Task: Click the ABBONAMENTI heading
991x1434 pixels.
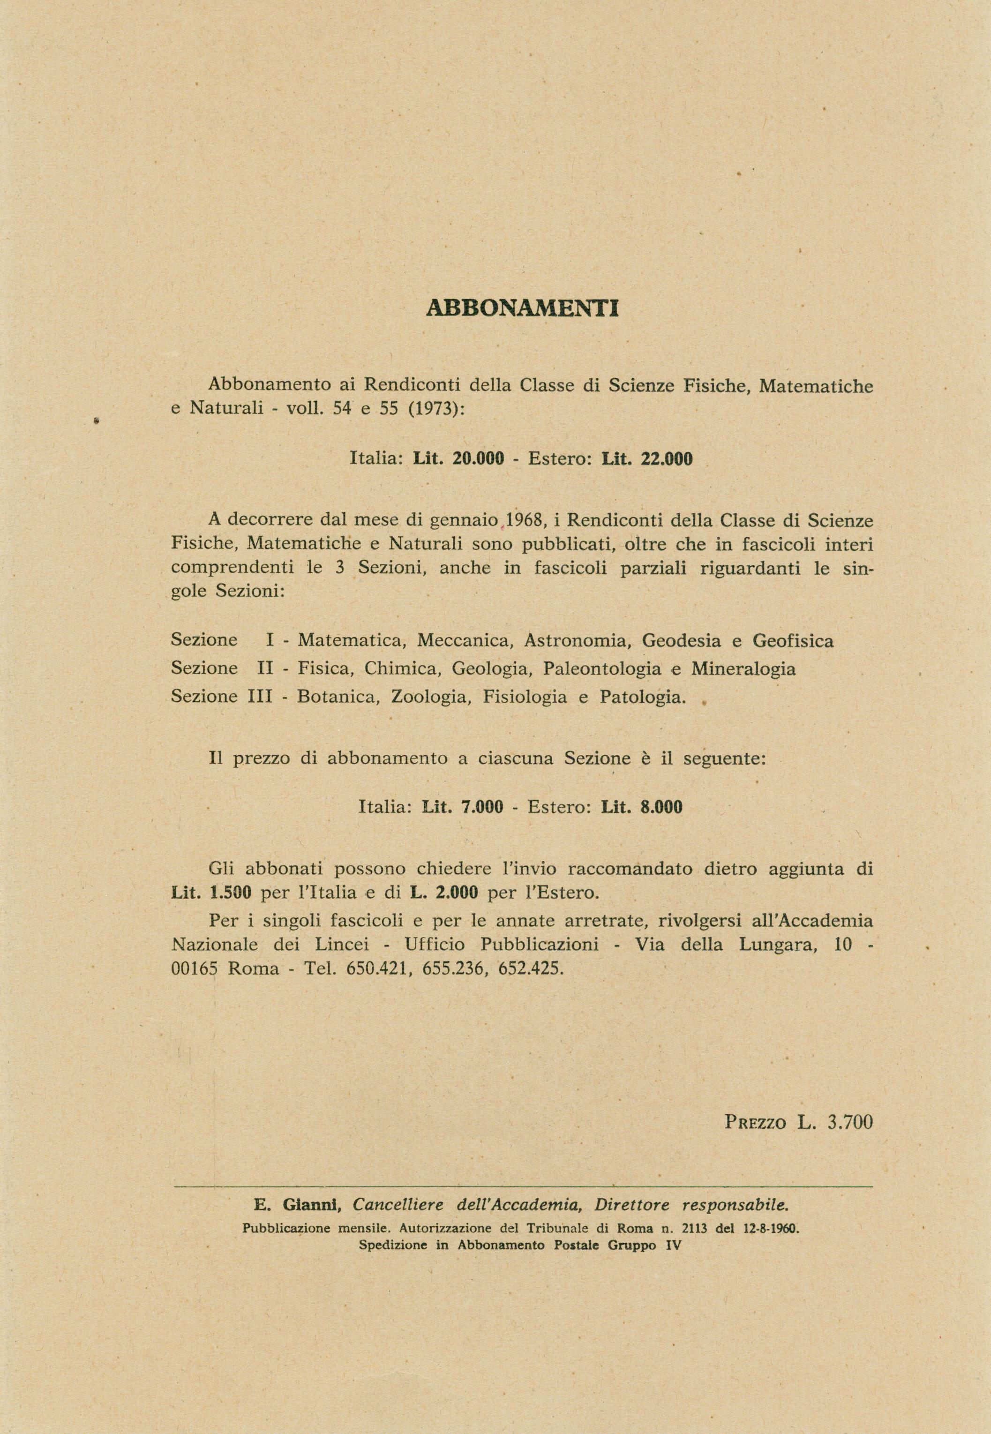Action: tap(522, 308)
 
